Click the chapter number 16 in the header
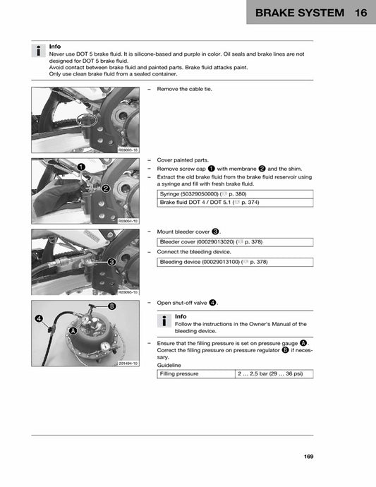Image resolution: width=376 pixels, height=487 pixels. (x=361, y=13)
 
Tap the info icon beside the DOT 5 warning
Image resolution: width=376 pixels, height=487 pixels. (x=38, y=51)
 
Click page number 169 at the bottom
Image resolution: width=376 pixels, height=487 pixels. (x=308, y=457)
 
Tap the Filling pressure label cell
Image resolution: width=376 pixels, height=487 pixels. (x=196, y=373)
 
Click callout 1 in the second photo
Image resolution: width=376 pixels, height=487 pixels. (x=81, y=167)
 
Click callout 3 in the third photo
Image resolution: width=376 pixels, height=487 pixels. (x=111, y=262)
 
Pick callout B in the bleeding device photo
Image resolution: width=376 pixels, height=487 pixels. (x=111, y=306)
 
